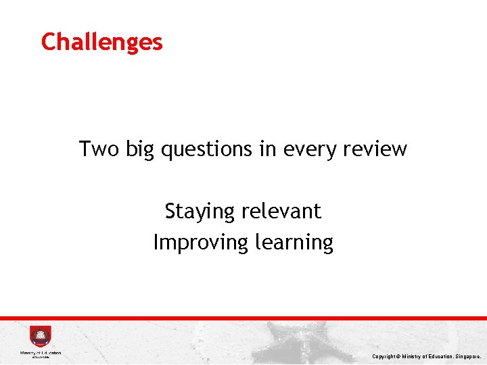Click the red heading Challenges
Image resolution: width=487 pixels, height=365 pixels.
coord(101,42)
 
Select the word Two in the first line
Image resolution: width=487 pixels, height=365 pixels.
coord(97,148)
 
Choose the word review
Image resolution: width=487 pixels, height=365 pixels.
coord(374,148)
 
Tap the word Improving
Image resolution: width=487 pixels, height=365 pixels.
coord(201,243)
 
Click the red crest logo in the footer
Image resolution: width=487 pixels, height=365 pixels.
coord(40,337)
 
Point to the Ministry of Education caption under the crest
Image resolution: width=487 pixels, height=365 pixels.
coord(41,353)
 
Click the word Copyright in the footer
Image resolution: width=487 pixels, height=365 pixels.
coord(384,356)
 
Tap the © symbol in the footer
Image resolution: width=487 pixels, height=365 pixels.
coord(400,356)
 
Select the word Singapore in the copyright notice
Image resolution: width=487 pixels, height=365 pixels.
coord(467,356)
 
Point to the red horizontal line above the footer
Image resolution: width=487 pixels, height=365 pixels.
coord(243,318)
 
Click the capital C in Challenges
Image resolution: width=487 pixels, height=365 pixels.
coord(49,42)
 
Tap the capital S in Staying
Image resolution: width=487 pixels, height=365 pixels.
coord(170,211)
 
